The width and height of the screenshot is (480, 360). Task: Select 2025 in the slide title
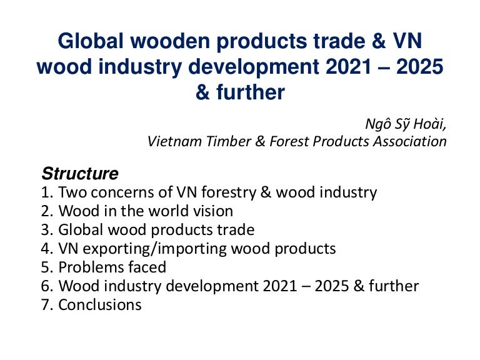415,67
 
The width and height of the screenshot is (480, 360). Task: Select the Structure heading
79,172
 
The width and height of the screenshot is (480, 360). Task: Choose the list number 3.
46,230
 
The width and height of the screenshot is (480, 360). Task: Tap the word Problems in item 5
88,267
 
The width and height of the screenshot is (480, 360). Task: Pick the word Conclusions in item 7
100,305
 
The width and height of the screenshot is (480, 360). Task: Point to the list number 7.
46,305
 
